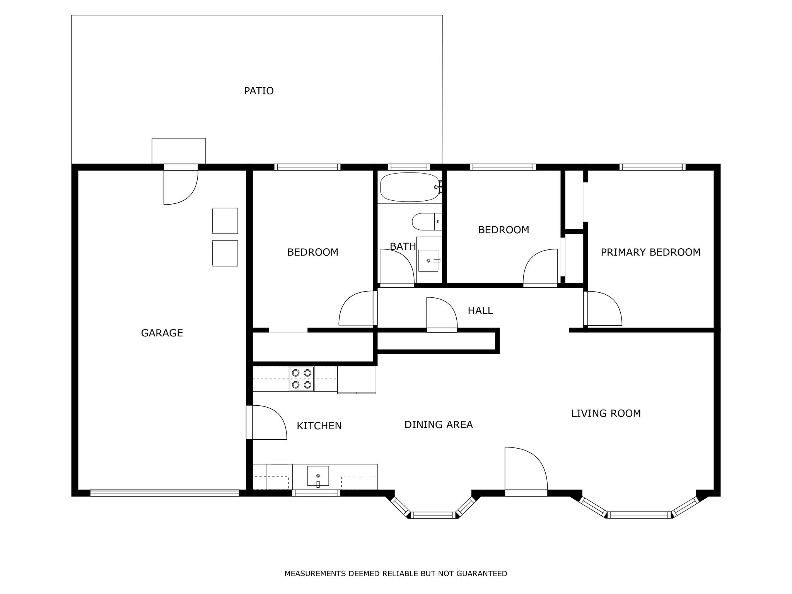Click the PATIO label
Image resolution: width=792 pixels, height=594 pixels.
(259, 91)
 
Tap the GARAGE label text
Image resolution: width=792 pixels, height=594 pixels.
(162, 333)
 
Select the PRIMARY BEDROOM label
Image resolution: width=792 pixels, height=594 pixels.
(650, 252)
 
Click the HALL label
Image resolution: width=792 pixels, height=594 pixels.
(480, 311)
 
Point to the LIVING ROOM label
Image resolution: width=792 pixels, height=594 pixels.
(606, 413)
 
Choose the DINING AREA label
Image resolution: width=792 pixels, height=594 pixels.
(439, 425)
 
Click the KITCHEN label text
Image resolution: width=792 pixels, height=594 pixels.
(319, 426)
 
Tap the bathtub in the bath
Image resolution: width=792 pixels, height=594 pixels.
(410, 187)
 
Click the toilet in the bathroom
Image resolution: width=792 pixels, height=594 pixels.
(427, 222)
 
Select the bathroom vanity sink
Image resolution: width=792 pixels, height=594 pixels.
(428, 261)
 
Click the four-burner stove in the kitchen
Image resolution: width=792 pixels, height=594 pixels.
(302, 379)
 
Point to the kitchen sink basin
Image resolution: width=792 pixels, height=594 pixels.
(318, 476)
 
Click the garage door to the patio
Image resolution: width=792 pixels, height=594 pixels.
(181, 187)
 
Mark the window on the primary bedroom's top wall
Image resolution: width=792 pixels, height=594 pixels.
(652, 167)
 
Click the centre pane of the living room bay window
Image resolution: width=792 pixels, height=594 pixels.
(639, 515)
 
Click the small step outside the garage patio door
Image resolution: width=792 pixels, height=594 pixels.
(179, 151)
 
